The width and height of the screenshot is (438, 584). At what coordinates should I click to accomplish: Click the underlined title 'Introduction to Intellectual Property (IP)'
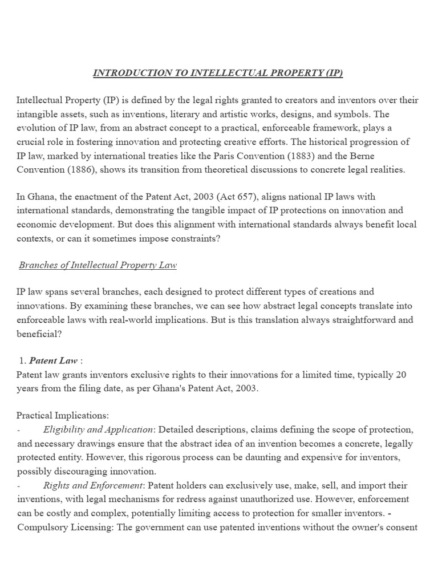coord(218,73)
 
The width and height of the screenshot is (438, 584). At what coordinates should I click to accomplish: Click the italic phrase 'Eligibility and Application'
coord(98,429)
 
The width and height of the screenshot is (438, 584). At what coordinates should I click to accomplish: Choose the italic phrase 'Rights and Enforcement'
coord(90,485)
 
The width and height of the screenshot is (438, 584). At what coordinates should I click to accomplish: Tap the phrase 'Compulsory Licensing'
coord(65,526)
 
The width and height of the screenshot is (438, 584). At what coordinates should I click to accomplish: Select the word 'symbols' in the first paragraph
coord(356,114)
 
